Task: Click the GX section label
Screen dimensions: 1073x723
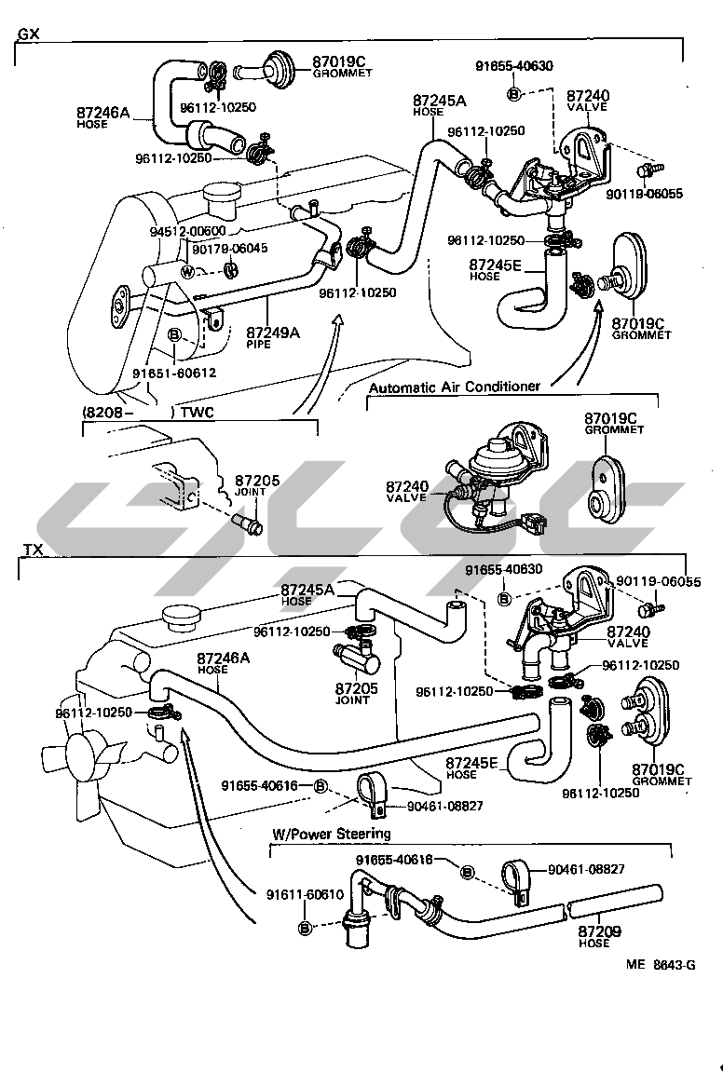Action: (28, 35)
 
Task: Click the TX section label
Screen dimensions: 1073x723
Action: (32, 550)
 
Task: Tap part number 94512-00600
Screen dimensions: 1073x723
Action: (186, 232)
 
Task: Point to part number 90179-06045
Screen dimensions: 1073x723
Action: (229, 249)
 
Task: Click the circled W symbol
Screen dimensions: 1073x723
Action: (187, 272)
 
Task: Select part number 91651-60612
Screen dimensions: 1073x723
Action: (174, 374)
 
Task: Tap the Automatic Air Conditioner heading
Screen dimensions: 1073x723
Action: (454, 387)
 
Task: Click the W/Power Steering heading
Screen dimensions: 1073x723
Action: (331, 834)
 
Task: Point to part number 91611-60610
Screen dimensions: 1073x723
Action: (304, 895)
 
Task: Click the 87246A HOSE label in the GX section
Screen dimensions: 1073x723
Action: (102, 116)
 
